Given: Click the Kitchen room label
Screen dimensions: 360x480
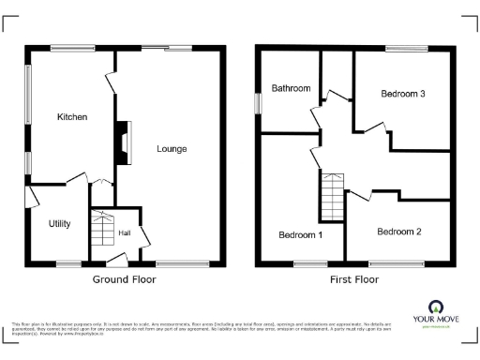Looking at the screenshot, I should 72,117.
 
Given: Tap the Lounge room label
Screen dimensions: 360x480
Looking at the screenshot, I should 172,149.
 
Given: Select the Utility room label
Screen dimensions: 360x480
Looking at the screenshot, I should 60,224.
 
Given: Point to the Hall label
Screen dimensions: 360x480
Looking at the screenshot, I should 124,232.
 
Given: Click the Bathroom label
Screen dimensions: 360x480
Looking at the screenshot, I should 291,88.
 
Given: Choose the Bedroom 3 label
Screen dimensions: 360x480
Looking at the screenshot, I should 403,94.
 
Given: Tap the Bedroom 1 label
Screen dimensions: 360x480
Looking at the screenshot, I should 301,234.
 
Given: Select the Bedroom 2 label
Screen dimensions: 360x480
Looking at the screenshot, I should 399,232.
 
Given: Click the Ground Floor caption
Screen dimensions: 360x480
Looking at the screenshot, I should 124,279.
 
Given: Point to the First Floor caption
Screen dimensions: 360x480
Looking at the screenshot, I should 354,279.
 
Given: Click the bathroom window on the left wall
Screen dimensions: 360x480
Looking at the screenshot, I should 259,103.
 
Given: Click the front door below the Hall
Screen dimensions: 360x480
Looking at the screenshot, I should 117,259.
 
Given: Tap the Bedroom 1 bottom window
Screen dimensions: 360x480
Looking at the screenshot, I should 310,262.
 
